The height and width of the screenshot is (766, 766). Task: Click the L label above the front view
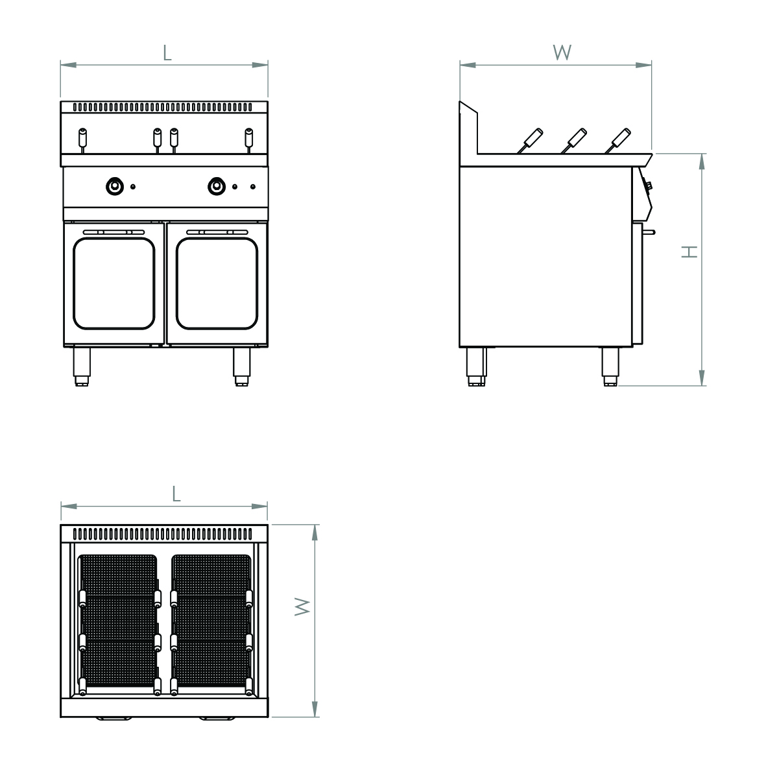point(167,53)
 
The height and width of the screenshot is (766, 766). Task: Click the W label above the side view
point(562,53)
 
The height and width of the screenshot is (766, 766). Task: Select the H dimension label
point(690,252)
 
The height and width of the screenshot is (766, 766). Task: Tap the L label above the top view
point(176,494)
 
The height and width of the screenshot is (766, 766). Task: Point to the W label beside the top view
point(302,606)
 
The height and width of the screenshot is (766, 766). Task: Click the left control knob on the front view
point(115,186)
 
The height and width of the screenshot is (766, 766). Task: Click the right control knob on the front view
point(217,186)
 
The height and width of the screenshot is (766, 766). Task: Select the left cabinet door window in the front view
point(114,283)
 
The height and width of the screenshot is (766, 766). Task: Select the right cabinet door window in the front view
point(217,283)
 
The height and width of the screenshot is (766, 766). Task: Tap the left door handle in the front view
point(114,232)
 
